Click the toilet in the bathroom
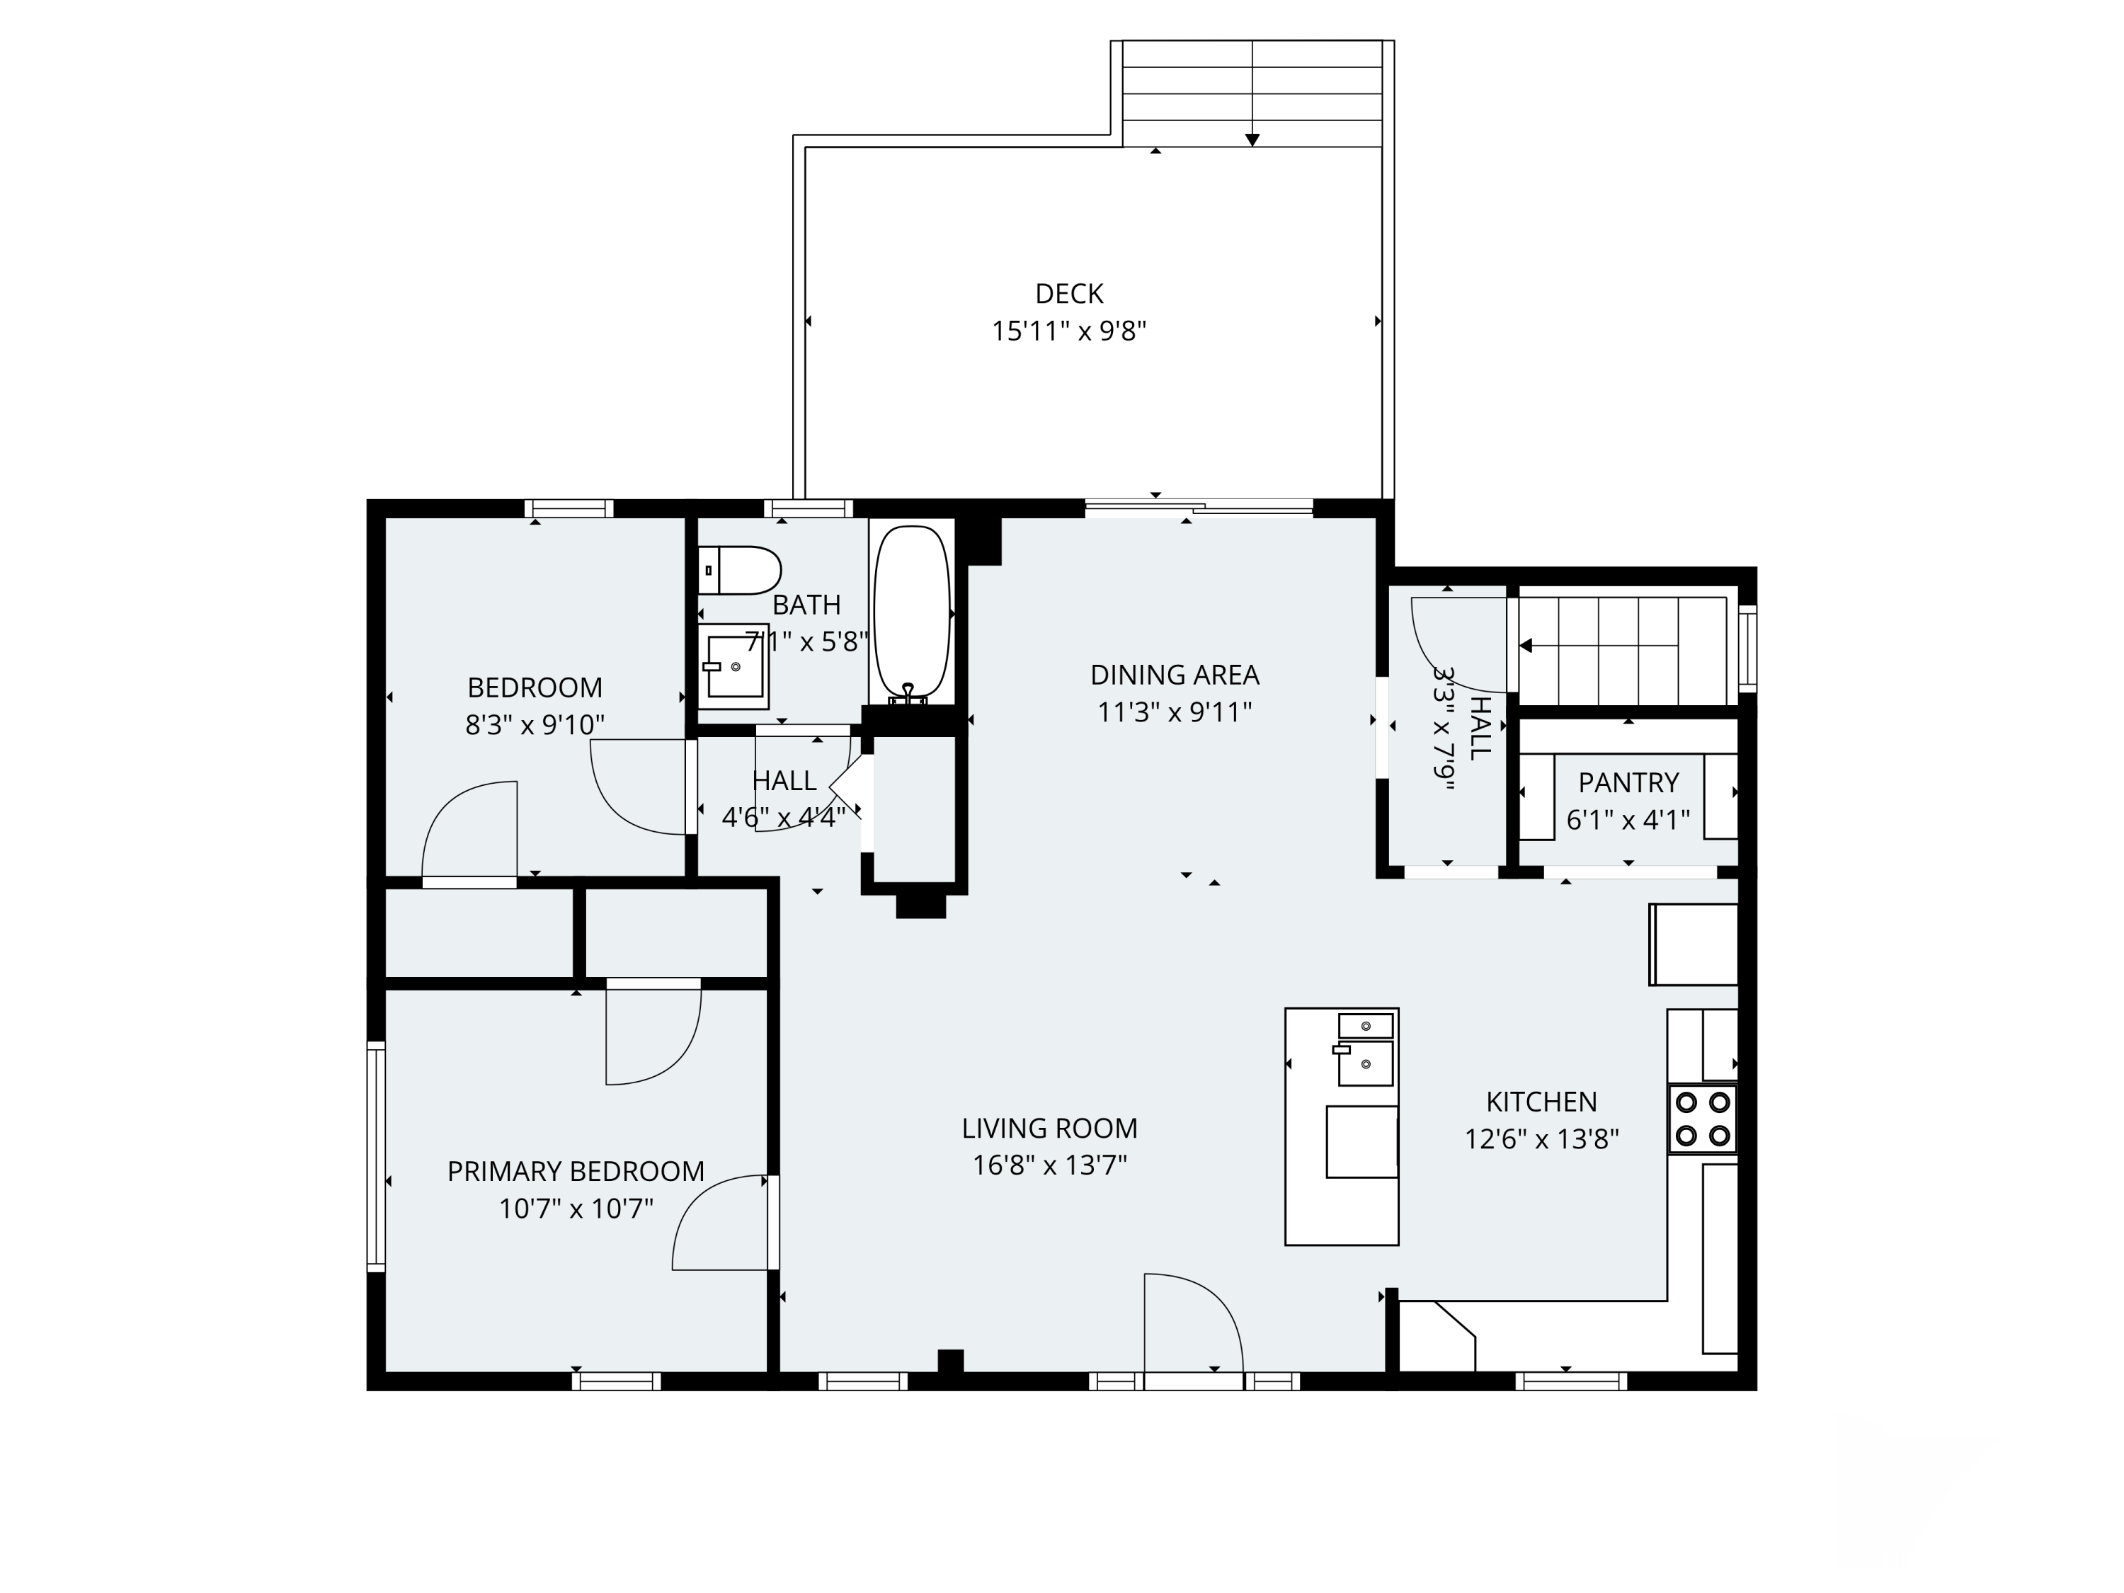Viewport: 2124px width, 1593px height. click(x=738, y=571)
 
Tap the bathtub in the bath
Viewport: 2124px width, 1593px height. click(x=911, y=612)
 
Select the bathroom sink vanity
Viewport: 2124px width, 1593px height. click(x=733, y=666)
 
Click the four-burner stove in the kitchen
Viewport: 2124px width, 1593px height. click(x=1703, y=1119)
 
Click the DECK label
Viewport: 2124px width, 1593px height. click(x=1068, y=294)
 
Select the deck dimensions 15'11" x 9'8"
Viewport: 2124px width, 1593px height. click(x=1068, y=331)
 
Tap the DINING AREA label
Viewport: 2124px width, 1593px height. click(x=1175, y=675)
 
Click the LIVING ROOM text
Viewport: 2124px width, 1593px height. click(x=1049, y=1129)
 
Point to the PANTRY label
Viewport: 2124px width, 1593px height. click(x=1628, y=782)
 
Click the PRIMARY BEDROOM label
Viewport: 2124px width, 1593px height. click(x=576, y=1172)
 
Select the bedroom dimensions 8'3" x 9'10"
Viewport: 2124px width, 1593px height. click(x=535, y=725)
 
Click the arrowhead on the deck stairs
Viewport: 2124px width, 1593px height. click(x=1252, y=140)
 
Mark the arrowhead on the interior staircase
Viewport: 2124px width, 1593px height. click(x=1525, y=646)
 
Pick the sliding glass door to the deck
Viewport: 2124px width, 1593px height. click(x=1199, y=509)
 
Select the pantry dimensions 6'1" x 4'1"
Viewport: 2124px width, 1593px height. click(x=1628, y=820)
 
